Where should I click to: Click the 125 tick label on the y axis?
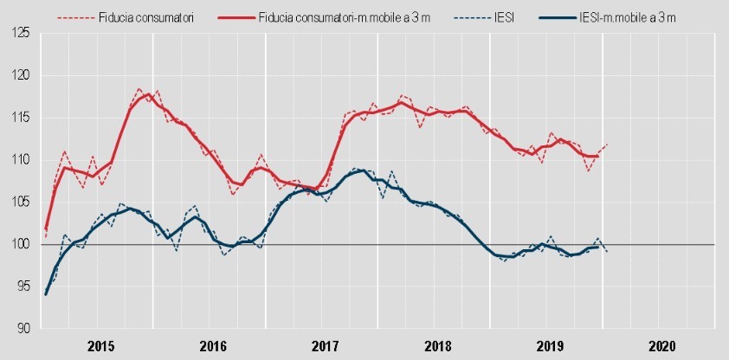pos(18,33)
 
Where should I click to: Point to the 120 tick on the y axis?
pos(18,75)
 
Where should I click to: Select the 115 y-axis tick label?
pos(18,118)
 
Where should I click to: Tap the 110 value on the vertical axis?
pos(18,160)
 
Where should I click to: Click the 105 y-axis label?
pos(18,202)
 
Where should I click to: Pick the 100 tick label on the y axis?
pos(18,245)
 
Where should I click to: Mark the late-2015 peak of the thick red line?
pos(148,94)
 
